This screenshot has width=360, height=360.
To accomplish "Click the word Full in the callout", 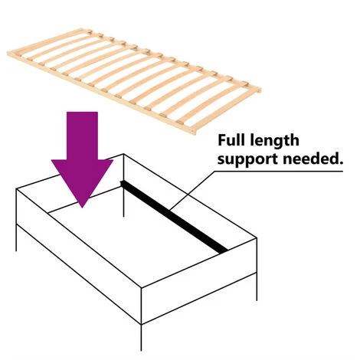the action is pyautogui.click(x=231, y=140).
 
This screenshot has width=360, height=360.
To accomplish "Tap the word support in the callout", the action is pyautogui.click(x=247, y=159).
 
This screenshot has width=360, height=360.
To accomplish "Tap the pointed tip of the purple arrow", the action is pyautogui.click(x=82, y=208).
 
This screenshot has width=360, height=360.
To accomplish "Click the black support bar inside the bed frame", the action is pyautogui.click(x=174, y=217).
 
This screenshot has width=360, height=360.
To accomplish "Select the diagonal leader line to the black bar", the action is pyautogui.click(x=191, y=191).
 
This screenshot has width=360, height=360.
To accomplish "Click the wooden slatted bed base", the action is pyautogui.click(x=134, y=80).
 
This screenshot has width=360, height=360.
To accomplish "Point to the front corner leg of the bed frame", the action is pyautogui.click(x=141, y=338).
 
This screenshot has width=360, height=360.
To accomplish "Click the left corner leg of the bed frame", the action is pyautogui.click(x=17, y=238).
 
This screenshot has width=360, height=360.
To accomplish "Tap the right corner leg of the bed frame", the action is pyautogui.click(x=257, y=286).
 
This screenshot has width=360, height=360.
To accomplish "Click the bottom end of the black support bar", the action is pyautogui.click(x=223, y=250).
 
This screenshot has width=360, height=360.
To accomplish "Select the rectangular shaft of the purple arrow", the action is pyautogui.click(x=82, y=136).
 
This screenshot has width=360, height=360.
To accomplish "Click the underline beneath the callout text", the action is pyautogui.click(x=279, y=172).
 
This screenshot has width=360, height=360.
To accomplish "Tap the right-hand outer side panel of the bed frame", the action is pyautogui.click(x=199, y=281).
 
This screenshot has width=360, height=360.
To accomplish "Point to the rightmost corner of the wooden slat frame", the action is pyautogui.click(x=260, y=90).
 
